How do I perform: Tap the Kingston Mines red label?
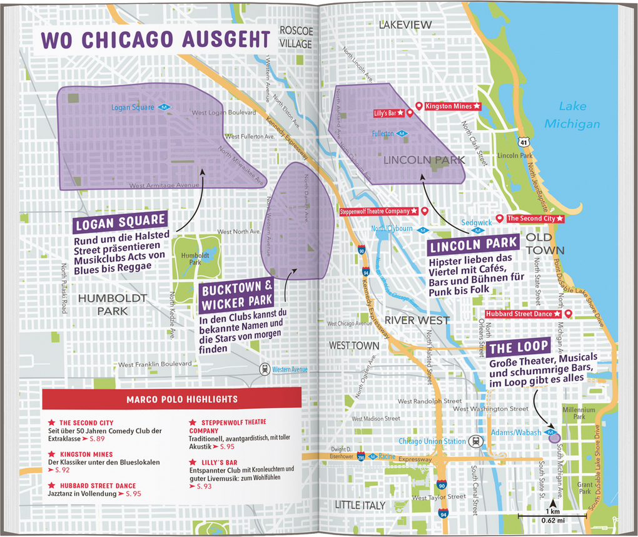tap(449, 106)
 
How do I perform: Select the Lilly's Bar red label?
tap(385, 113)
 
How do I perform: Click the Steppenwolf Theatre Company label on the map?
tap(378, 212)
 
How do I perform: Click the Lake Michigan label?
tap(571, 115)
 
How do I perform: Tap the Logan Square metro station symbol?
tap(164, 108)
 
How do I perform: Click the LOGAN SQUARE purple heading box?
tap(119, 222)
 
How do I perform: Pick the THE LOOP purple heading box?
tap(519, 347)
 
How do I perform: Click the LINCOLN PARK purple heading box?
tap(473, 243)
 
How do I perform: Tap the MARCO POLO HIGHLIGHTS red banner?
tap(173, 399)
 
